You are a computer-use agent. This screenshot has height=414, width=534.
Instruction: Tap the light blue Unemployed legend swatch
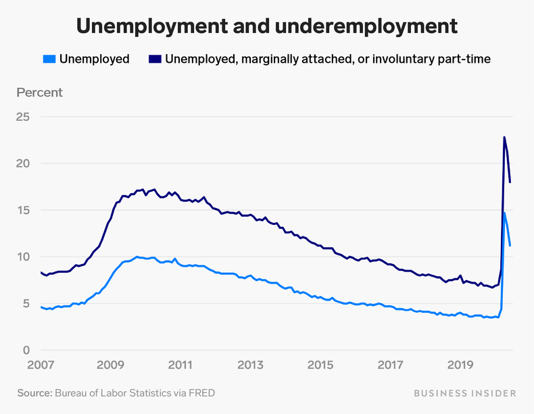pyautogui.click(x=49, y=59)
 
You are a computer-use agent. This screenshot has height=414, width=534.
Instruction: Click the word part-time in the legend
pyautogui.click(x=466, y=59)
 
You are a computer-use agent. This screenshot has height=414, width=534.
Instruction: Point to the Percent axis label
pyautogui.click(x=39, y=93)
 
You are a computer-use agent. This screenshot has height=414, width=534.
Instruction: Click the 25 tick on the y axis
pyautogui.click(x=23, y=117)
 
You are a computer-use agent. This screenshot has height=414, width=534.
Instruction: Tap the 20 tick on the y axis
pyautogui.click(x=23, y=163)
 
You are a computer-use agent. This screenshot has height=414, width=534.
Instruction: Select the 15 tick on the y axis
pyautogui.click(x=23, y=210)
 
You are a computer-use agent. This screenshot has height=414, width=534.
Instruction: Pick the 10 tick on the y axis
pyautogui.click(x=23, y=257)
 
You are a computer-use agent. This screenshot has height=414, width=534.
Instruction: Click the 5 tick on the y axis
pyautogui.click(x=26, y=303)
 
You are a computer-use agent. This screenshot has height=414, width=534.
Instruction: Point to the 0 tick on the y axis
pyautogui.click(x=26, y=350)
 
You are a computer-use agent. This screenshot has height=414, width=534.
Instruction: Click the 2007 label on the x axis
pyautogui.click(x=41, y=365)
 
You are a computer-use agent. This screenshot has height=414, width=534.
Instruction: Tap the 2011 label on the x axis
pyautogui.click(x=180, y=365)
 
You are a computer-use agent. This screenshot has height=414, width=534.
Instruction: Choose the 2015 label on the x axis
pyautogui.click(x=320, y=365)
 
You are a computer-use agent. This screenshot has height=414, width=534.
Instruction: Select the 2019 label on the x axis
pyautogui.click(x=460, y=365)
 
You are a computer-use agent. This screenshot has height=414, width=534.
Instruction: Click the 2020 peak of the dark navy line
pyautogui.click(x=504, y=138)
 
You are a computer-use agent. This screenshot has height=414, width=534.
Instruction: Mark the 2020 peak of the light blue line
pyautogui.click(x=504, y=213)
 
